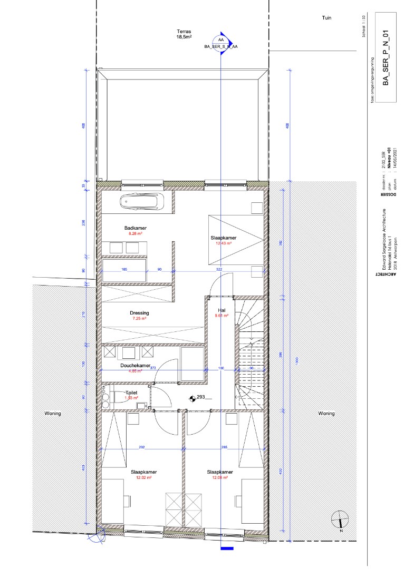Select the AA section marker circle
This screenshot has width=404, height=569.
pos(220,40)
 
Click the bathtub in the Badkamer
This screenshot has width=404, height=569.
pos(141,202)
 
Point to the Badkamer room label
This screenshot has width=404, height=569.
pos(134,228)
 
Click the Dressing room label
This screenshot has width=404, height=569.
pos(140,313)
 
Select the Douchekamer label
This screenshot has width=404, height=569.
pos(136,366)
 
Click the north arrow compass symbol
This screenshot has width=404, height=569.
pos(340,521)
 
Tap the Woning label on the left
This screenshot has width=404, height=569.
pos(52,414)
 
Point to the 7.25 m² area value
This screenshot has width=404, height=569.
pos(140,319)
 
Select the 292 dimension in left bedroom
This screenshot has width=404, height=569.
pos(142,447)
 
